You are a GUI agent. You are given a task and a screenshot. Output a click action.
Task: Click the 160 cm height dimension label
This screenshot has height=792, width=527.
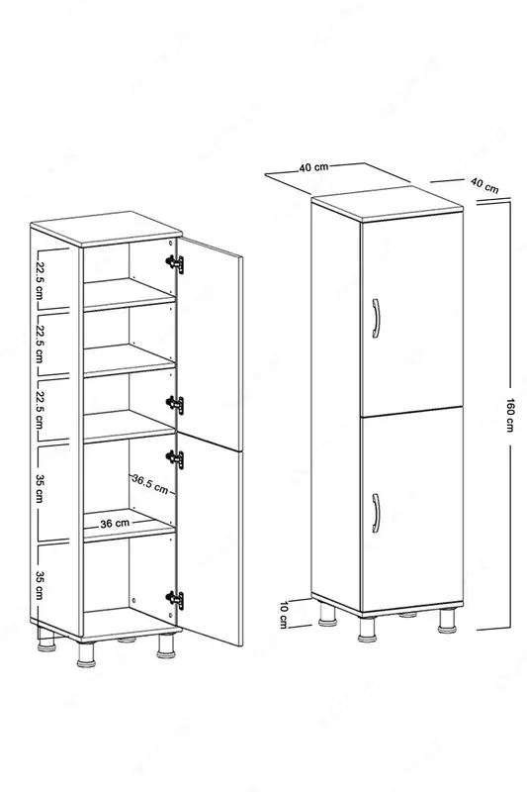510,414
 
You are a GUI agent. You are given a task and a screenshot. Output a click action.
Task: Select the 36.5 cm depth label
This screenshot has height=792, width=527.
149,483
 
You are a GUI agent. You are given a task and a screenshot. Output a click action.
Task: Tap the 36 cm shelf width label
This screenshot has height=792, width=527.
115,524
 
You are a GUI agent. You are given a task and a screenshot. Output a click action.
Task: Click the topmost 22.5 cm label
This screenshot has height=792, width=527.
41,278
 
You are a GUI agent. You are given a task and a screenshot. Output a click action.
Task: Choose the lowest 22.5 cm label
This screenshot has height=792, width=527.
41,408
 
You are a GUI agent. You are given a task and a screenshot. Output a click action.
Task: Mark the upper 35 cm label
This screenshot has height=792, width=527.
41,489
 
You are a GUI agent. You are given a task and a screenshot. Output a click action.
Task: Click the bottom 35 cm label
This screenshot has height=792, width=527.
41,584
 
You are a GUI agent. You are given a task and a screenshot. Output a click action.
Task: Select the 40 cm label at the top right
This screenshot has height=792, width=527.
484,185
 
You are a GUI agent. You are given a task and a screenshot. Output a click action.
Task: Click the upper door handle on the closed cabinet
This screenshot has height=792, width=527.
376,317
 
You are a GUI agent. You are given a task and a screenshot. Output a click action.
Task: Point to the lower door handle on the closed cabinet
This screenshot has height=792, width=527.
376,513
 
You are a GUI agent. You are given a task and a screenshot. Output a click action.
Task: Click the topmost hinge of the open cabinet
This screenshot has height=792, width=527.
174,262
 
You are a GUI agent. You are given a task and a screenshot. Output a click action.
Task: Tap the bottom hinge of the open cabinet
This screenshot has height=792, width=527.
174,599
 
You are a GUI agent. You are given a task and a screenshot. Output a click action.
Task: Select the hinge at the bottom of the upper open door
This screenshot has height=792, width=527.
174,404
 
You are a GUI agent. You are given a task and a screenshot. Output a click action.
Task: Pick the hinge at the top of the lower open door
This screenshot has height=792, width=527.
174,457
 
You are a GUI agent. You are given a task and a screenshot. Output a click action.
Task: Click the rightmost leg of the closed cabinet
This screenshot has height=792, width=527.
446,623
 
